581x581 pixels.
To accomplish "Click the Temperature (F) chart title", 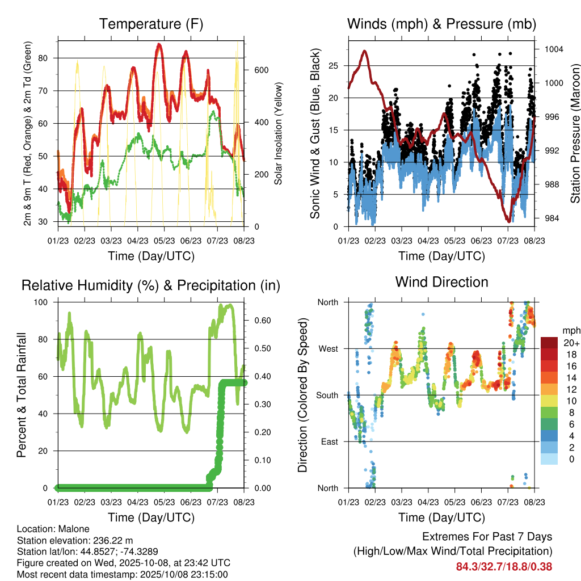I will (151, 24).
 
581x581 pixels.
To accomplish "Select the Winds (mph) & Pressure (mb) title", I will (441, 24).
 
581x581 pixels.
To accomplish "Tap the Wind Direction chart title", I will (441, 282).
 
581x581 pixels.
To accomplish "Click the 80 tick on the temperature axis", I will (47, 58).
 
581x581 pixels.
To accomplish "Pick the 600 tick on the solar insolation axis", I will (260, 70).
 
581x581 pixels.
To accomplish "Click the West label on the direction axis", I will (327, 348).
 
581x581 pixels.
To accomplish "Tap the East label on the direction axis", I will (329, 441).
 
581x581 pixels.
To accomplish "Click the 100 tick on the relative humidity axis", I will (44, 302).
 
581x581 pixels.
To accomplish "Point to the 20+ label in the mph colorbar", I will (569, 342).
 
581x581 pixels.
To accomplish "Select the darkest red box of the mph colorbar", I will (550, 343).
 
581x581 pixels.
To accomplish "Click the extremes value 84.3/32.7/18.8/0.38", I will (504, 566).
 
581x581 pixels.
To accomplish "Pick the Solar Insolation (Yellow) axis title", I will (278, 133).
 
